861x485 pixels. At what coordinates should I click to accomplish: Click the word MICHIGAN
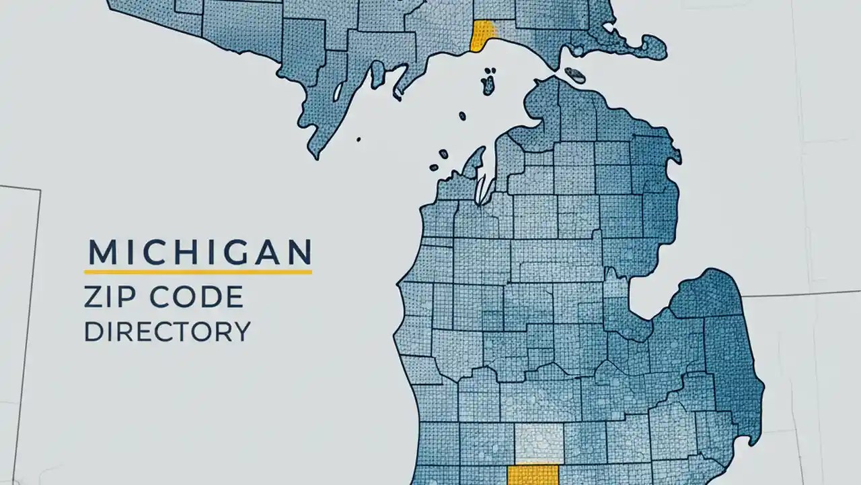[x=200, y=252]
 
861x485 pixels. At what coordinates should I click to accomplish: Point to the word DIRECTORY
[x=167, y=331]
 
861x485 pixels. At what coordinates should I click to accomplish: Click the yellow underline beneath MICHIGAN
[x=198, y=271]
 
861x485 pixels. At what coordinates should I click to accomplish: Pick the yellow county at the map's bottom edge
[x=532, y=474]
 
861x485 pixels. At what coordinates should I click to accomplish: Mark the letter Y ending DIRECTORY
[x=241, y=331]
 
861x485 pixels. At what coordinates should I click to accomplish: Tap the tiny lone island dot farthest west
[x=359, y=140]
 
